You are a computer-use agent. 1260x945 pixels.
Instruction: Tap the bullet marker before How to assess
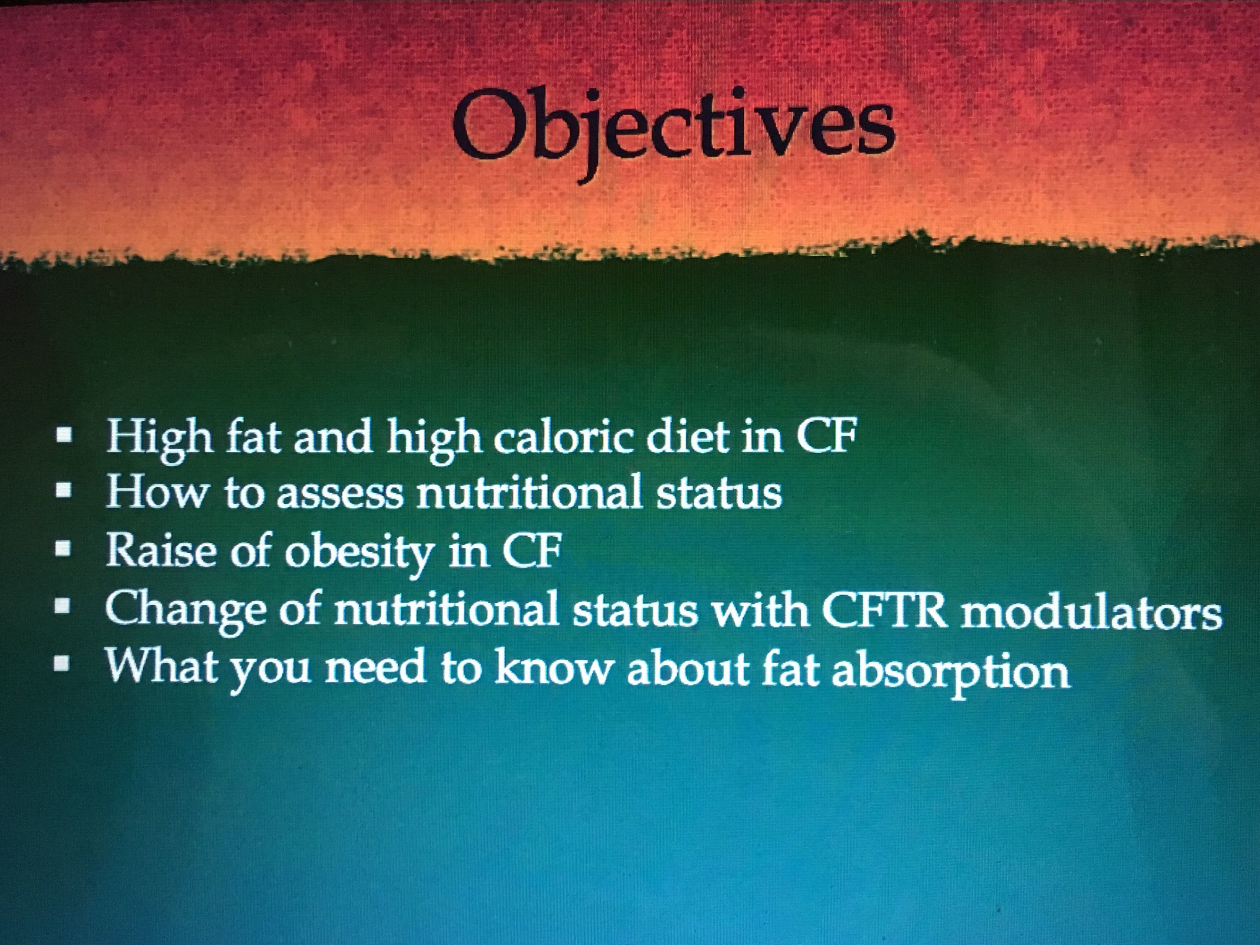pyautogui.click(x=65, y=493)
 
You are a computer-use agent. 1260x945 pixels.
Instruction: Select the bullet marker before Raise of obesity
pyautogui.click(x=65, y=550)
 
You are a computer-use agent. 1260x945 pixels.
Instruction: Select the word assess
pyautogui.click(x=339, y=495)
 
